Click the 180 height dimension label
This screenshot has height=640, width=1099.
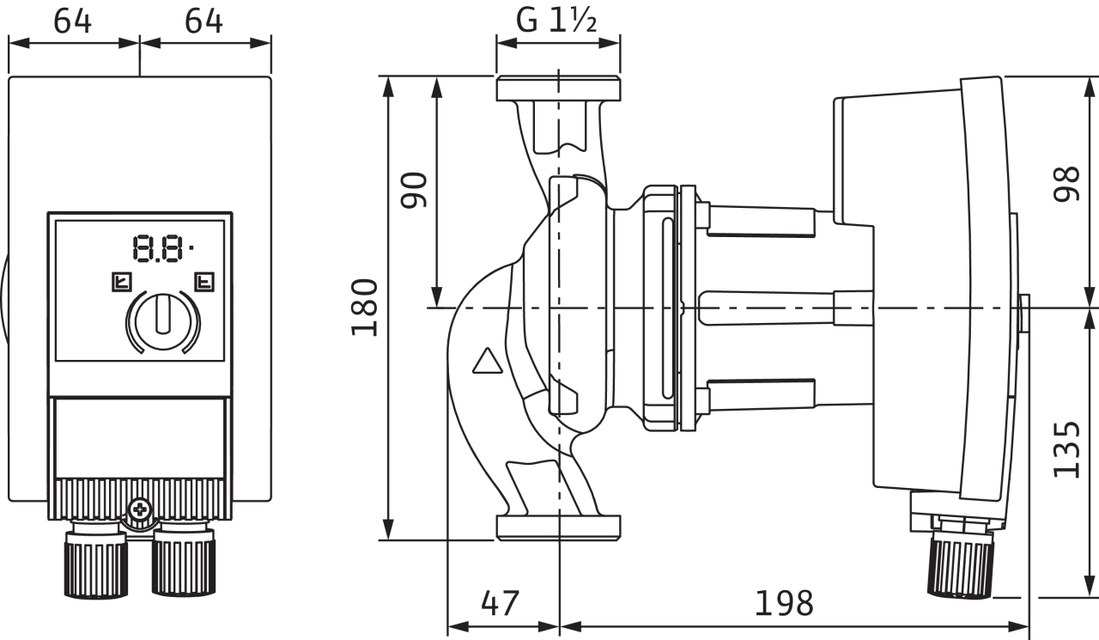coord(365,308)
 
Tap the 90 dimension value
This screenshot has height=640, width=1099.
coord(414,190)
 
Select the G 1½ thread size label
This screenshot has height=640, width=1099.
coord(556,21)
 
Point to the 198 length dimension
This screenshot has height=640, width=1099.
coord(784,603)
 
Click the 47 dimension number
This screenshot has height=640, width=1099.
coord(500,603)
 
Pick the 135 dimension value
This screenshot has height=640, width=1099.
coord(1066,449)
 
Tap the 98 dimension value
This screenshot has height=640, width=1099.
coord(1066,184)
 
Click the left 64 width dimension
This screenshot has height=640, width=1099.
coord(73,21)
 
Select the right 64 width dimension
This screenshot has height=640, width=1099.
coord(203,21)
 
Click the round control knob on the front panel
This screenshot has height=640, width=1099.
coord(163,321)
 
